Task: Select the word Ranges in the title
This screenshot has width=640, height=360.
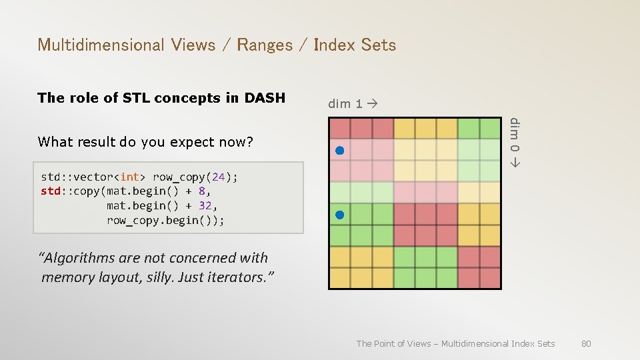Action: (x=265, y=45)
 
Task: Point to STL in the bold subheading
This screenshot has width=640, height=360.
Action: (x=138, y=98)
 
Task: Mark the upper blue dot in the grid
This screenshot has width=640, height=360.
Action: (x=339, y=151)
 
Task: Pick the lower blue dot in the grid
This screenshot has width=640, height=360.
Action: (x=339, y=215)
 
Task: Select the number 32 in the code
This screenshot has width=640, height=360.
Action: (x=206, y=206)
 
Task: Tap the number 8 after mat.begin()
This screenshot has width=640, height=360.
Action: (x=202, y=191)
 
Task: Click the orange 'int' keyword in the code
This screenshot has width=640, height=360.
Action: (x=130, y=177)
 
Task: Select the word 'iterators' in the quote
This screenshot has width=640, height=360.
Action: (x=242, y=277)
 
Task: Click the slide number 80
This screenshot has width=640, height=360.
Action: (x=586, y=343)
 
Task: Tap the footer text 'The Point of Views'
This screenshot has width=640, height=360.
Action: (x=393, y=343)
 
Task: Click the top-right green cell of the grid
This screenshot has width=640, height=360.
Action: (x=490, y=128)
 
